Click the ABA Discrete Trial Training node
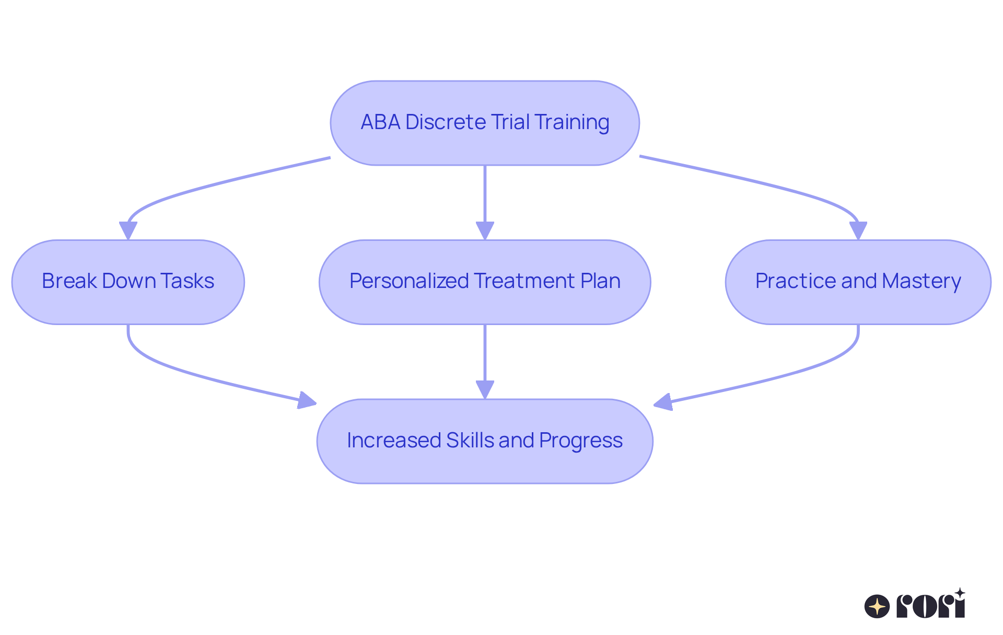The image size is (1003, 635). [x=484, y=123]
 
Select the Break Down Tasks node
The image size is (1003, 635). [x=128, y=282]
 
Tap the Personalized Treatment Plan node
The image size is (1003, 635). [x=484, y=282]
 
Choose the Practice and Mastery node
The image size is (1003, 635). [x=858, y=282]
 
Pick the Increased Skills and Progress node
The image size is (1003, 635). [x=484, y=441]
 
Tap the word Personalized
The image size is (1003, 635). [x=409, y=281]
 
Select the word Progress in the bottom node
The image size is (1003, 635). [x=580, y=441]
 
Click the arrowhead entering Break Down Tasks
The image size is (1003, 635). [x=128, y=231]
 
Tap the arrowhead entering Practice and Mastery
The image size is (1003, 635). [x=858, y=231]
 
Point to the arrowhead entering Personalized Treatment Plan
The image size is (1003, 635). [x=485, y=231]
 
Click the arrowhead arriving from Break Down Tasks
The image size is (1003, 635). [x=308, y=401]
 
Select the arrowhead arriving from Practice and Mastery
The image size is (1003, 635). [x=662, y=402]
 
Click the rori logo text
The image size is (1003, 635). [x=930, y=607]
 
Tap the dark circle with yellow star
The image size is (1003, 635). [x=877, y=607]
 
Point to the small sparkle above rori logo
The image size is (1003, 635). [x=960, y=593]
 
